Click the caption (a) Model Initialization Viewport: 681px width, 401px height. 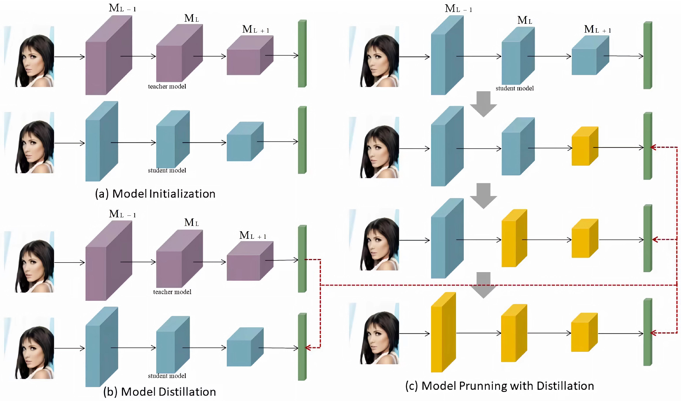click(x=155, y=194)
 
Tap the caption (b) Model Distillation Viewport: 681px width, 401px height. click(x=159, y=392)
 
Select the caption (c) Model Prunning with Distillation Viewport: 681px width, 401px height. click(x=500, y=386)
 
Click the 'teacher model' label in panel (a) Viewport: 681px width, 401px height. click(x=167, y=86)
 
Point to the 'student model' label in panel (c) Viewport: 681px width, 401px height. click(x=514, y=88)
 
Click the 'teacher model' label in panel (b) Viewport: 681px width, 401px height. click(x=172, y=292)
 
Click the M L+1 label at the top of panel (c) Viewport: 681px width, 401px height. click(x=598, y=29)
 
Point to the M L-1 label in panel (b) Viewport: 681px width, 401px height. click(x=122, y=214)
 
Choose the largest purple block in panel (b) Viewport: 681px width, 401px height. click(x=108, y=261)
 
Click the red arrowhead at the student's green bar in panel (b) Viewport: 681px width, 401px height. click(x=307, y=348)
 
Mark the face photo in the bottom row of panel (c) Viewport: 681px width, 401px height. click(x=379, y=334)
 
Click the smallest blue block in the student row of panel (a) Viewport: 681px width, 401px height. click(x=244, y=142)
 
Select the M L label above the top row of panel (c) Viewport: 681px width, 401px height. click(x=525, y=20)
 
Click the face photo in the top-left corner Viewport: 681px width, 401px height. click(x=34, y=57)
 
